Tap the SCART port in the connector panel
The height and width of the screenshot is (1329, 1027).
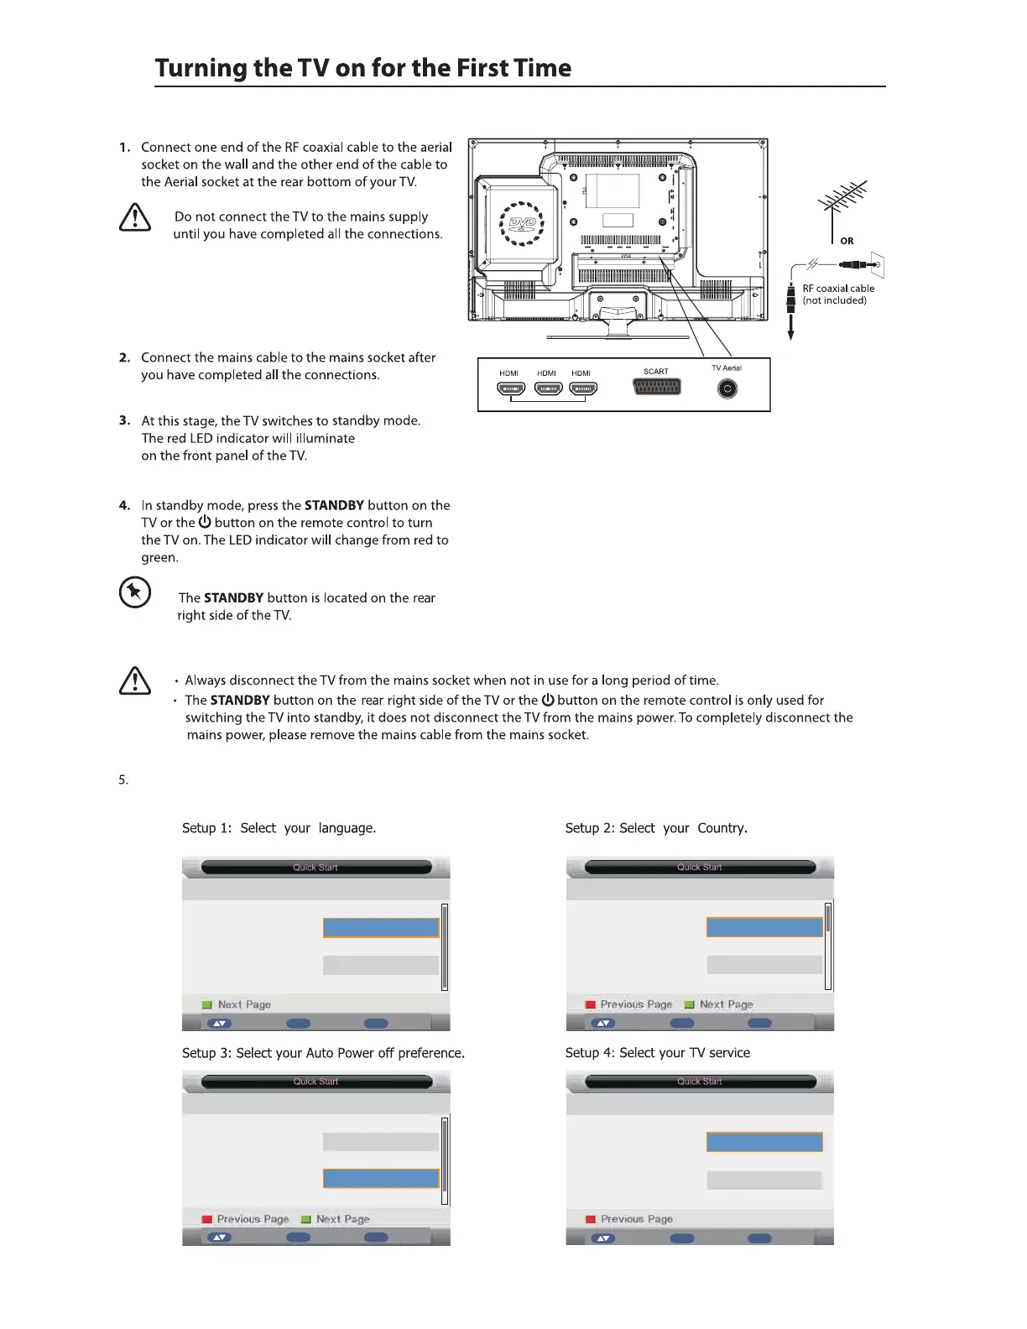(656, 387)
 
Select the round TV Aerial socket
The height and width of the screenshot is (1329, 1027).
(727, 388)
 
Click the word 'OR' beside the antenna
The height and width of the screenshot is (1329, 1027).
(847, 241)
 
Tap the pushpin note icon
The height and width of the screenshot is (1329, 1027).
(135, 593)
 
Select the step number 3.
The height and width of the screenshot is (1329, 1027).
(124, 420)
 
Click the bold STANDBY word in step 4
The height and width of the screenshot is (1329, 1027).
(334, 505)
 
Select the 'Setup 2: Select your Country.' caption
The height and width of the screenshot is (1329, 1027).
(656, 828)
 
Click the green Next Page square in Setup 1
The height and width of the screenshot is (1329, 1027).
(206, 1004)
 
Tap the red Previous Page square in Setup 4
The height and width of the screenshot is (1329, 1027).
(590, 1219)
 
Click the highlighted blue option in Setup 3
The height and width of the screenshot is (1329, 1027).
(381, 1178)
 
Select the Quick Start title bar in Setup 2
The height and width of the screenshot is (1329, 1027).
(700, 868)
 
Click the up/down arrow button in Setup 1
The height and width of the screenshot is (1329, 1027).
(219, 1024)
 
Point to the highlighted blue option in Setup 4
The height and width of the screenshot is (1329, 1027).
(764, 1142)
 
